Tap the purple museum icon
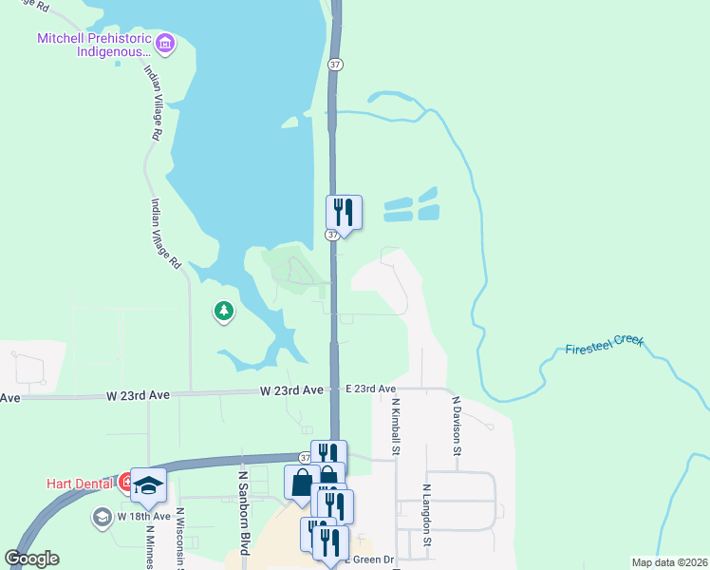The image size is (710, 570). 166,44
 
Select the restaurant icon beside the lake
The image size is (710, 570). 345,212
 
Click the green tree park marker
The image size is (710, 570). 224,311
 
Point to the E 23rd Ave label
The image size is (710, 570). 370,389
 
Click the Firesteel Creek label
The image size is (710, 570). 604,343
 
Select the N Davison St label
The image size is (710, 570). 457,427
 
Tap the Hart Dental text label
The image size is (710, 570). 81,483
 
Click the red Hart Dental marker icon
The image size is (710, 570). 126,483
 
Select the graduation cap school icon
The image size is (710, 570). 148,486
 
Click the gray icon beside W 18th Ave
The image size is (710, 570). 102,517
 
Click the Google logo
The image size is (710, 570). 32,559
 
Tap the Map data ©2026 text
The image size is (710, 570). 669,562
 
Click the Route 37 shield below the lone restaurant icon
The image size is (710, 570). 332,235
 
